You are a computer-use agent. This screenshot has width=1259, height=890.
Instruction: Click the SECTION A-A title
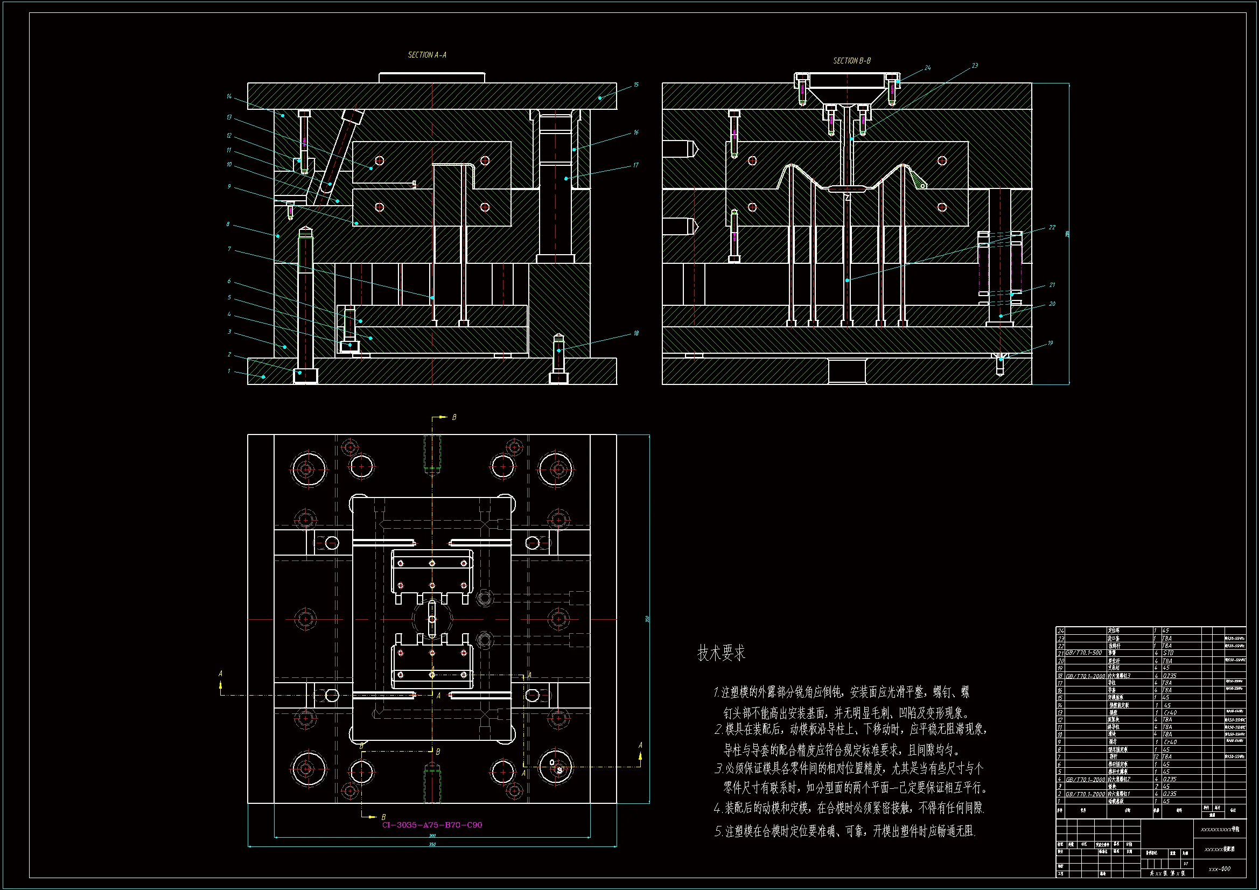[426, 55]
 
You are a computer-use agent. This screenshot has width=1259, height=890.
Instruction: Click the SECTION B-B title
[851, 61]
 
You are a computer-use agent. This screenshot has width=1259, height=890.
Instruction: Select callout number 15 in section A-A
[636, 85]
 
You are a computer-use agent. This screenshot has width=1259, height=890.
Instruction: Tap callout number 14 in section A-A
[229, 96]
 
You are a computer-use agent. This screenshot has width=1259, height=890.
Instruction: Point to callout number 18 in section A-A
[636, 333]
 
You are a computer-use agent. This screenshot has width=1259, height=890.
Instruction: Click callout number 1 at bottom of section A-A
[229, 372]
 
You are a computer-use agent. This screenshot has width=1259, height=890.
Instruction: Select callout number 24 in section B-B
[927, 68]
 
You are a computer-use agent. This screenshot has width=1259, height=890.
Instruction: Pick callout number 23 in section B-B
[975, 66]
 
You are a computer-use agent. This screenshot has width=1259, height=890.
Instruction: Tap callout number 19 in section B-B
[1050, 344]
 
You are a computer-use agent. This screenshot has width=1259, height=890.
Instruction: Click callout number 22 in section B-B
[1052, 228]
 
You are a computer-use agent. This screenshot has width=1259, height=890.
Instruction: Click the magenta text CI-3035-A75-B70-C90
[432, 825]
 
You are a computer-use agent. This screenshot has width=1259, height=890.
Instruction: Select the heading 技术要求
[721, 653]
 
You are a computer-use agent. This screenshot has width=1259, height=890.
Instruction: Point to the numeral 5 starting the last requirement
[718, 832]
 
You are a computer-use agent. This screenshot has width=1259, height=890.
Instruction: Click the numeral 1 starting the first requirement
[716, 692]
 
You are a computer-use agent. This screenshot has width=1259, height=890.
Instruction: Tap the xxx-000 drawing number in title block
[1220, 868]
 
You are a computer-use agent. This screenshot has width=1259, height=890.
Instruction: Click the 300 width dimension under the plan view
[432, 836]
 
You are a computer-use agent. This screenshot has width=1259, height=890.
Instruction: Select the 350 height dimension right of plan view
[648, 619]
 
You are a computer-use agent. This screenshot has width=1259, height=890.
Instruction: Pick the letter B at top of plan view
[454, 417]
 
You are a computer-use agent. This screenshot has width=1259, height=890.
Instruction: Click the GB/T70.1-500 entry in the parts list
[1083, 653]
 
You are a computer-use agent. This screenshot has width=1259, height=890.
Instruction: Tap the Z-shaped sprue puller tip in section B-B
[848, 197]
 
